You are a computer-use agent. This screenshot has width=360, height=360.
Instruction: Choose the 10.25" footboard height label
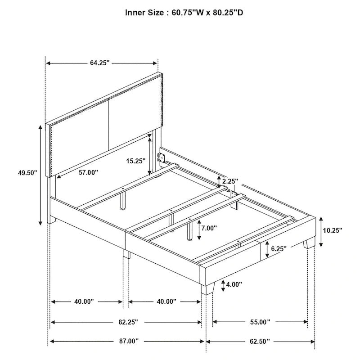(x=333, y=230)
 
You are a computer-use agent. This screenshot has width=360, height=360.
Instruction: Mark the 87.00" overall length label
(x=127, y=342)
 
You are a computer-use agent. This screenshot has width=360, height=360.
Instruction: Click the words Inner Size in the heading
(x=144, y=13)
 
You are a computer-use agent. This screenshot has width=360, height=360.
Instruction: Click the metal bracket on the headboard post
(x=161, y=157)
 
